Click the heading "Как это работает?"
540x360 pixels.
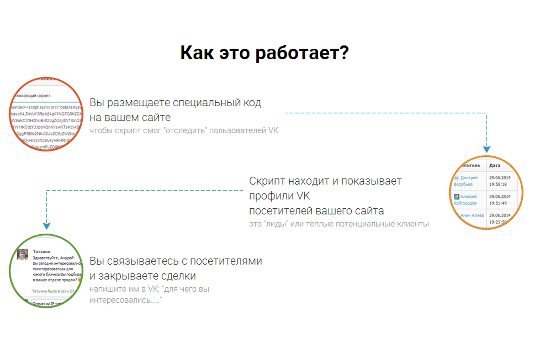[264, 53]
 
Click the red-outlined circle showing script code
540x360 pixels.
[46, 114]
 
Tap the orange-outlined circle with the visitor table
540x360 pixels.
[486, 193]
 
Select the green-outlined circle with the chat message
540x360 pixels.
[46, 271]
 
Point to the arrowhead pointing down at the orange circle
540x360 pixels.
[487, 149]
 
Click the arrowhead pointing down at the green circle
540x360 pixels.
[47, 226]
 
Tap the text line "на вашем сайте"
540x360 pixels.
[130, 118]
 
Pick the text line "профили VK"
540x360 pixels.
[280, 196]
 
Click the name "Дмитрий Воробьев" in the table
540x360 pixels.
[466, 181]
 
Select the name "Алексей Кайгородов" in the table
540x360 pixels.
[466, 200]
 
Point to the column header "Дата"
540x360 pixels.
[494, 165]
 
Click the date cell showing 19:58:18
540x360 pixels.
[498, 184]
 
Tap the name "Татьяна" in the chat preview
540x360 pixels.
[41, 251]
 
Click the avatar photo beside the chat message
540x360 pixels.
[22, 254]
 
